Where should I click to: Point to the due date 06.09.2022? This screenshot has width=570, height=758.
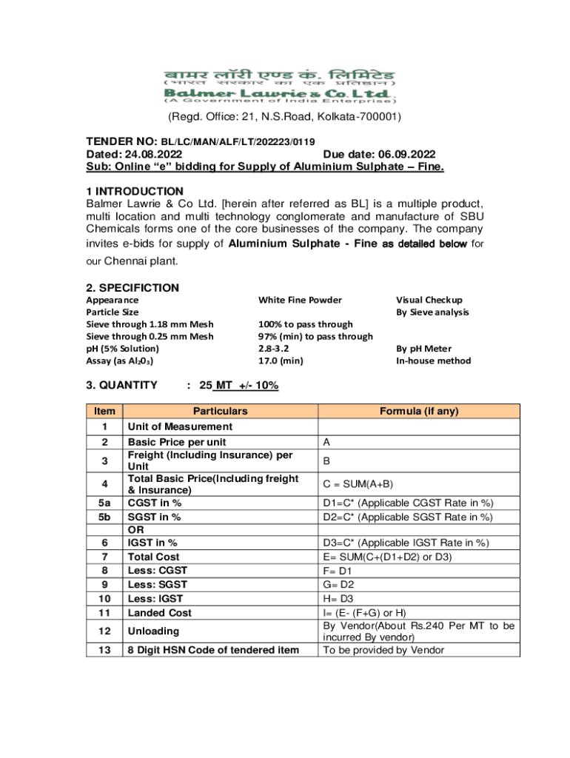pos(404,154)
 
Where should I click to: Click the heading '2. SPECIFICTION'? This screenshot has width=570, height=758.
pos(133,287)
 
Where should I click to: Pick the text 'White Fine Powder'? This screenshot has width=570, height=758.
pos(300,300)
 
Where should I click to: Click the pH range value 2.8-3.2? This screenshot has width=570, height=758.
pos(275,349)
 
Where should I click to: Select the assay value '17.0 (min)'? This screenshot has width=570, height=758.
pos(281,361)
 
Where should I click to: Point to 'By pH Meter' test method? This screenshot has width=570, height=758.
pos(423,349)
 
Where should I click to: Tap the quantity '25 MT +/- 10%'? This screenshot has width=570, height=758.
pos(239,385)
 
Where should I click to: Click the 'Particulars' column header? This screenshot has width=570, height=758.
pos(220,411)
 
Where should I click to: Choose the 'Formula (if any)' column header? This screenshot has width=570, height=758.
pos(419,411)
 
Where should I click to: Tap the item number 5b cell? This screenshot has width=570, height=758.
pos(104,517)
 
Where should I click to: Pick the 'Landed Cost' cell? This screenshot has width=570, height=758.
pos(160,613)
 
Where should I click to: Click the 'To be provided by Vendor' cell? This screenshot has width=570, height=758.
pos(383,650)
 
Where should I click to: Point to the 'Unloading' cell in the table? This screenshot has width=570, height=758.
pos(153,631)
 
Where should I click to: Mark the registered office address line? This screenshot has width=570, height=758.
pos(285,117)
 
